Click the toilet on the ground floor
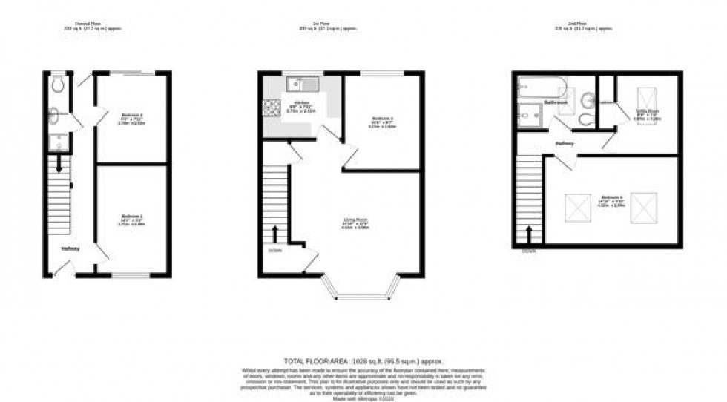tap(58, 85)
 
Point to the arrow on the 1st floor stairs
tap(275, 234)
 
